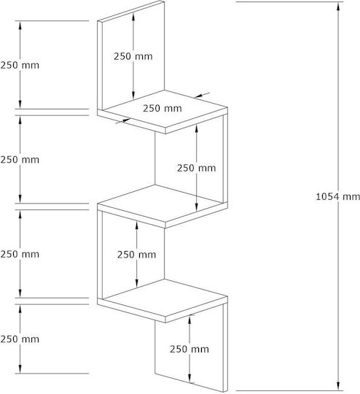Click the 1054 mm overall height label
click(337, 196)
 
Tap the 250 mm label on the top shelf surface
click(163, 108)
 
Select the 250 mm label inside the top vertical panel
click(133, 56)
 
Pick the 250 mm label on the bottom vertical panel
click(189, 349)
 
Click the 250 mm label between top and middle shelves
click(196, 168)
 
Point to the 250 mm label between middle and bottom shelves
click(136, 255)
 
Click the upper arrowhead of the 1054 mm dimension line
click(338, 7)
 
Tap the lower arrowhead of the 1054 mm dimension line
click(338, 386)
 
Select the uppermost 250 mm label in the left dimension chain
click(20, 66)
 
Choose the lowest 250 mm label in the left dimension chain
click(20, 339)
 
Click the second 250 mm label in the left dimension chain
click(20, 160)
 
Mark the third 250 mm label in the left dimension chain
click(20, 255)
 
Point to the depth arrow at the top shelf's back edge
click(203, 96)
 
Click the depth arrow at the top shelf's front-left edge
click(122, 121)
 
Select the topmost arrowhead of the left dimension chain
click(20, 25)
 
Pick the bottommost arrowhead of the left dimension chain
click(20, 369)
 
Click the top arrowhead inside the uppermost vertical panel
click(133, 16)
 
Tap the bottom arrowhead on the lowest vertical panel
click(189, 379)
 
